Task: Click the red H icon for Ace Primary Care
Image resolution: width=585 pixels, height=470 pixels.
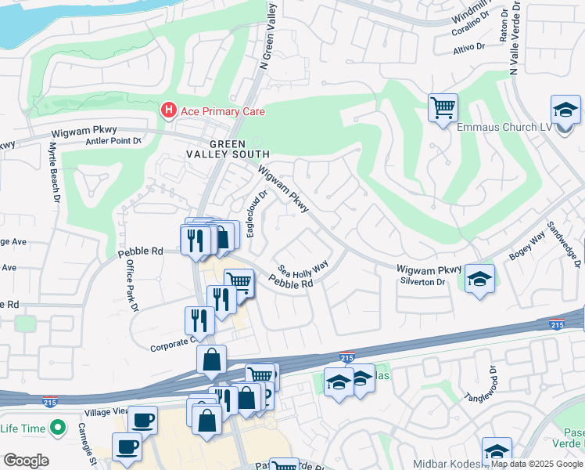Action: [168, 111]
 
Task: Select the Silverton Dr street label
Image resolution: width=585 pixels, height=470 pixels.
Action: [422, 281]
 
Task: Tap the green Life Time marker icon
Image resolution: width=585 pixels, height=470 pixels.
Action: [56, 428]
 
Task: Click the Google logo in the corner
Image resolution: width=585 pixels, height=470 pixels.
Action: [26, 461]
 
